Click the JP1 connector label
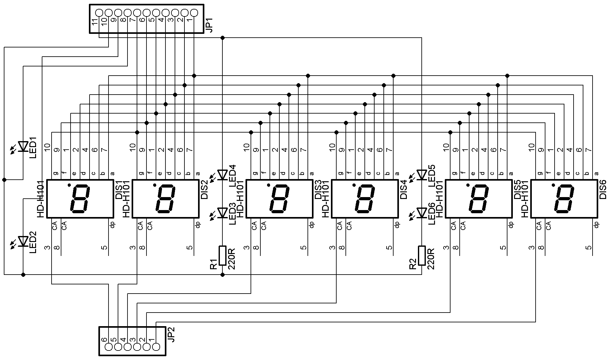point(209,25)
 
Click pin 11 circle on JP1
point(99,13)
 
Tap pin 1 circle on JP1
point(194,13)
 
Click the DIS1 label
point(119,190)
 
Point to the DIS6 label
point(603,189)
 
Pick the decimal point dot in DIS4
point(354,185)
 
